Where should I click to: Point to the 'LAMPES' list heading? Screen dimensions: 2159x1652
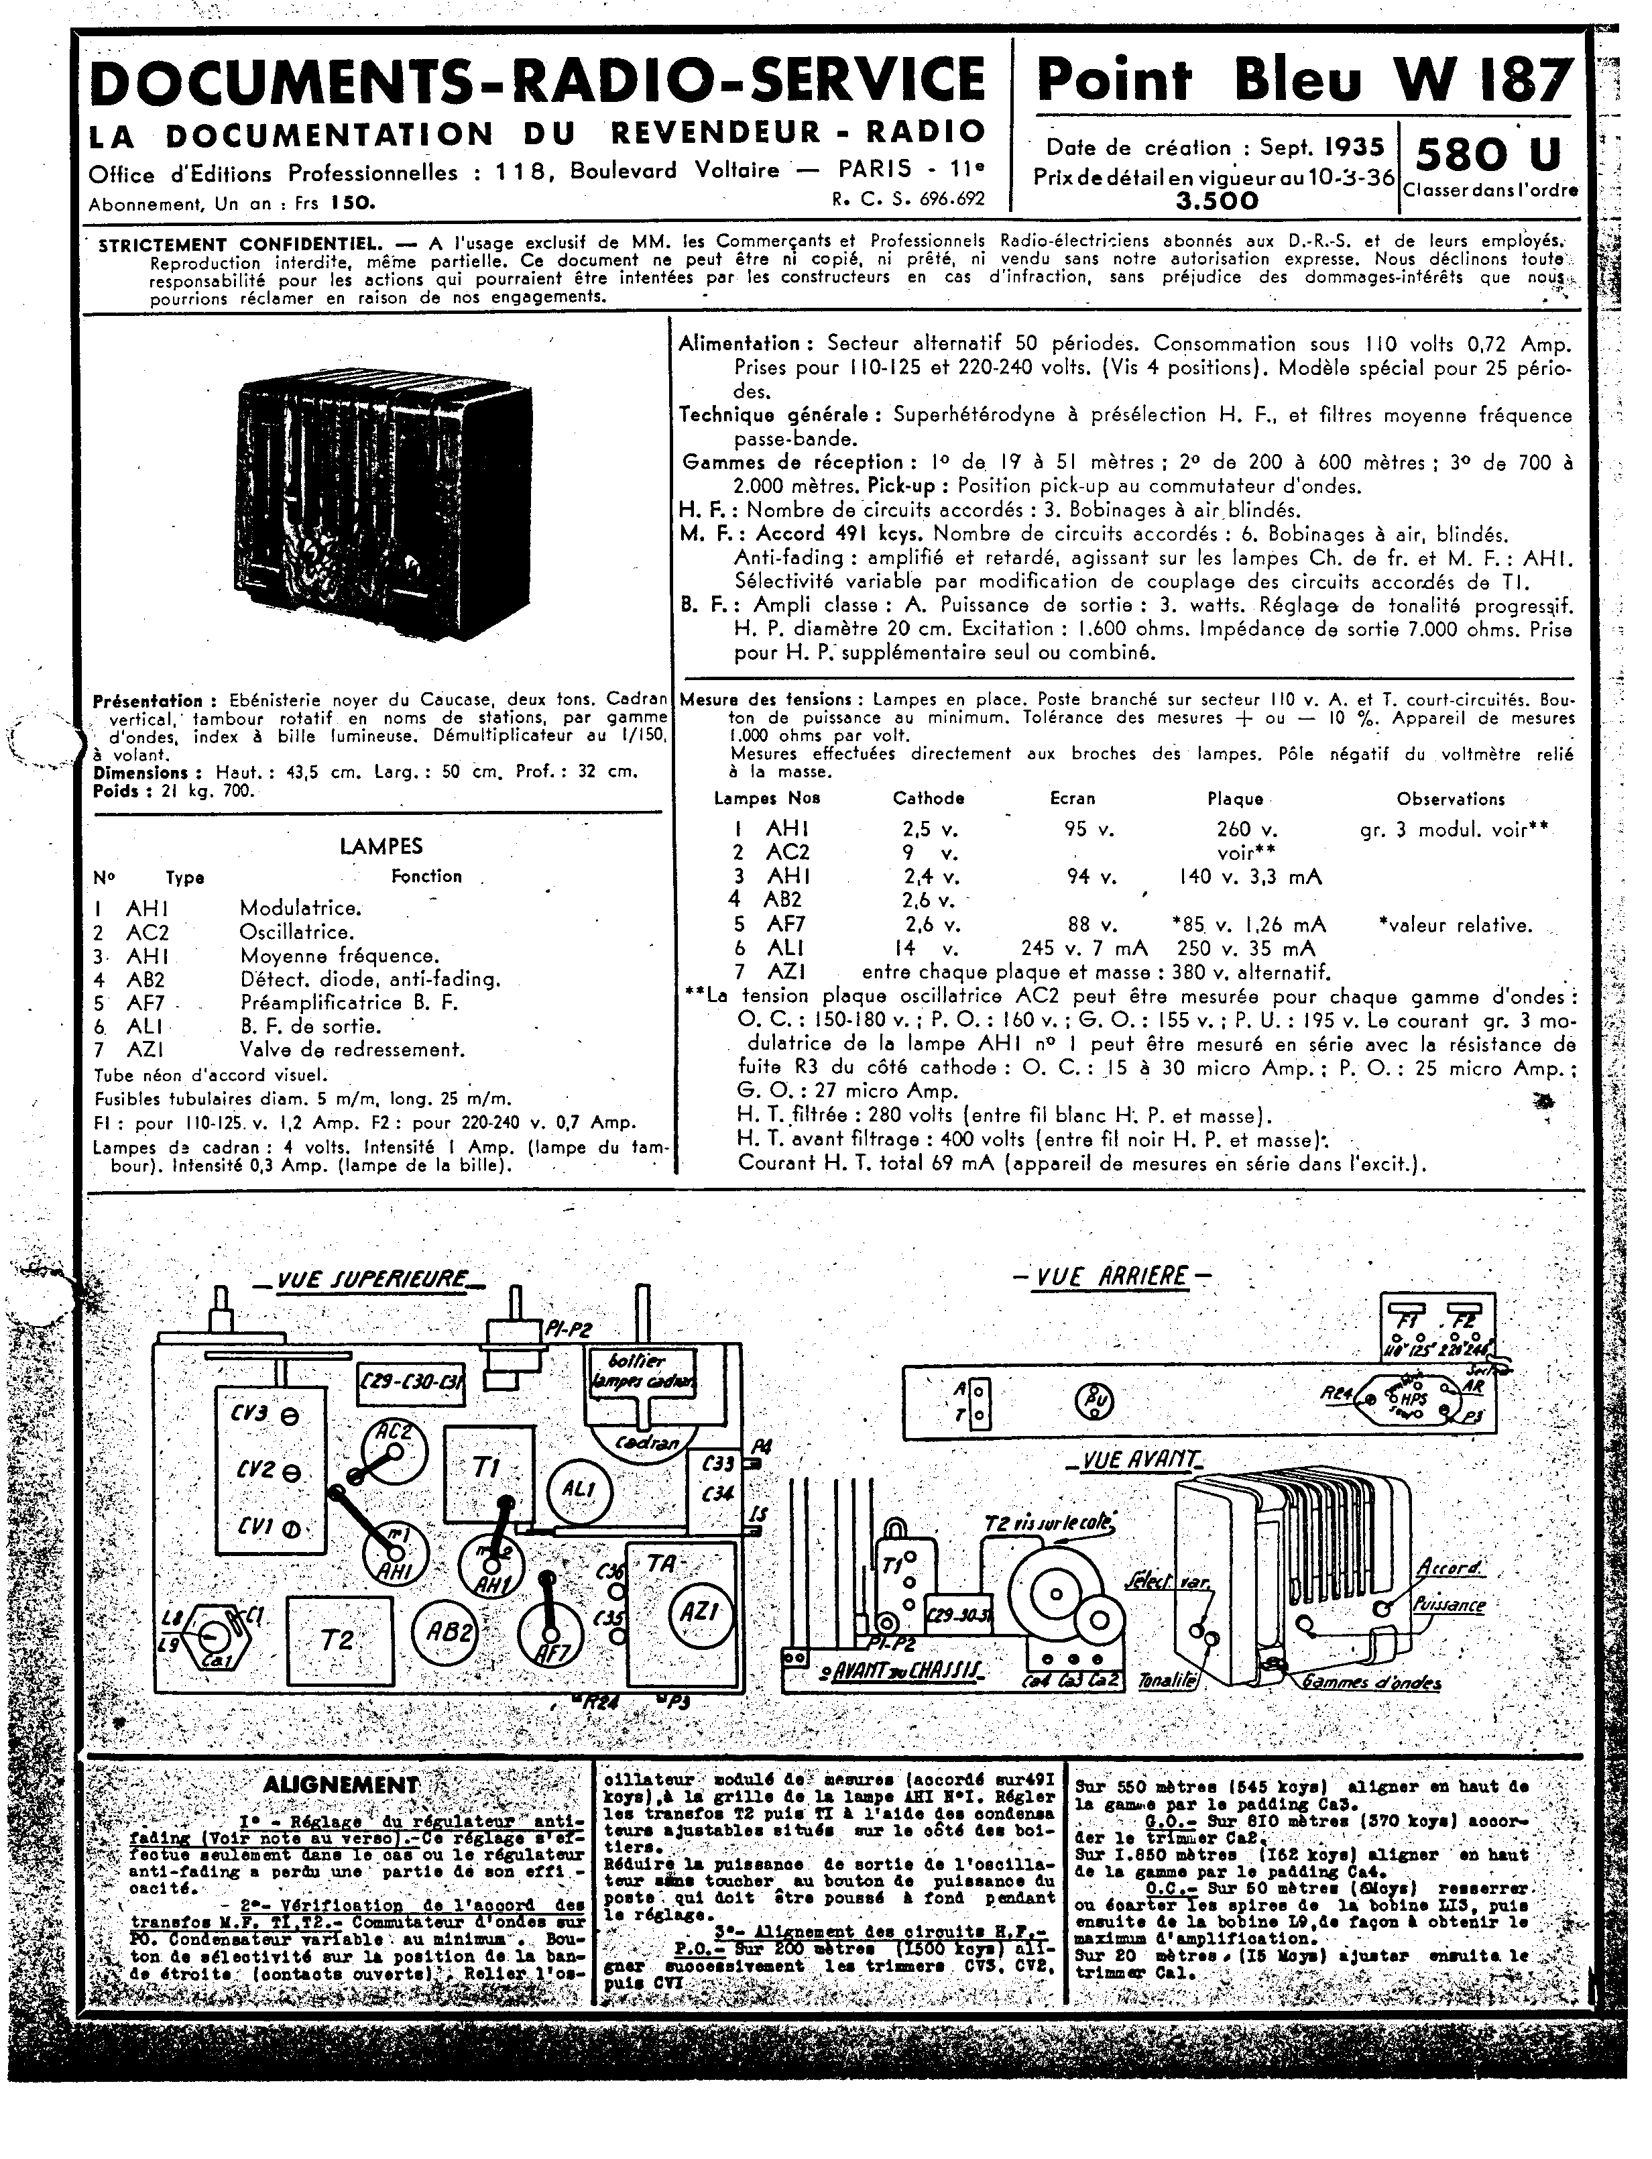coord(381,845)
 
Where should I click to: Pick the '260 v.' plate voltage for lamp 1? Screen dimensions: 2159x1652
coord(1246,828)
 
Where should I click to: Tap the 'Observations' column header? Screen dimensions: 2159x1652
coord(1450,799)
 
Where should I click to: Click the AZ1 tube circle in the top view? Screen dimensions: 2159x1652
coord(699,1612)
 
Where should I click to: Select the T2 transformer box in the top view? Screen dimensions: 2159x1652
coord(339,1640)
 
